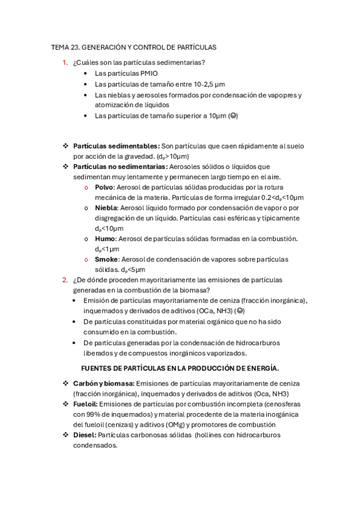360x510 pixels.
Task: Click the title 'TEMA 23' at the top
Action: coord(65,47)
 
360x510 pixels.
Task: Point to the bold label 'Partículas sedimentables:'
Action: coord(116,146)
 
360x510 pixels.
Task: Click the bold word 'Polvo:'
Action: coord(106,187)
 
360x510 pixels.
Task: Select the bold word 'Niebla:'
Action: coord(106,207)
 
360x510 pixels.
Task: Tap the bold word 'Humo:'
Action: coord(105,239)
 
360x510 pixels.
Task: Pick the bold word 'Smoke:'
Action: coord(107,259)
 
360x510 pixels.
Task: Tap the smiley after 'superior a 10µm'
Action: coord(233,116)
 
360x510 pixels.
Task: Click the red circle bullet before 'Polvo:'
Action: coord(88,188)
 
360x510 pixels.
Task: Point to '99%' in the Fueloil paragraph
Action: coord(93,414)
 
